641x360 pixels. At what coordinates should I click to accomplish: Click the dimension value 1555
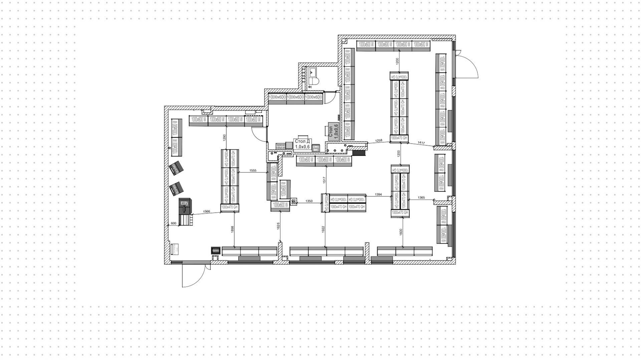click(x=253, y=171)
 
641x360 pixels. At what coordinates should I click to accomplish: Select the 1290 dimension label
click(x=224, y=137)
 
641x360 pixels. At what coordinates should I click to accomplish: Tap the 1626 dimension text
click(x=278, y=226)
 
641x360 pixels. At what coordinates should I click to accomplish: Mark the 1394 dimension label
click(x=378, y=194)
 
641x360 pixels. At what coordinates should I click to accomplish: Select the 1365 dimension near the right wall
click(x=421, y=198)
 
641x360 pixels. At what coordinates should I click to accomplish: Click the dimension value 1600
click(x=401, y=231)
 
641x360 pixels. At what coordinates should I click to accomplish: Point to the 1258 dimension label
click(x=379, y=141)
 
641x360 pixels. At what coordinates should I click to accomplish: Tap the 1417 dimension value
click(x=421, y=143)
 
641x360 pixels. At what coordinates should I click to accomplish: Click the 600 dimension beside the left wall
click(x=173, y=223)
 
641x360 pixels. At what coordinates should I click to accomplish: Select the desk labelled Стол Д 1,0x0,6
click(x=302, y=144)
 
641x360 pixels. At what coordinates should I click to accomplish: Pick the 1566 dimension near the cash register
click(x=206, y=211)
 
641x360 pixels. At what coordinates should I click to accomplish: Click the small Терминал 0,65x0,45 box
click(x=280, y=146)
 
